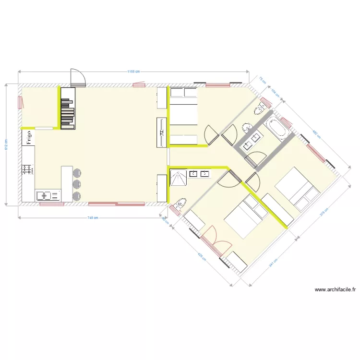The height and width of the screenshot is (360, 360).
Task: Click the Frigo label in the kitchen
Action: (x=29, y=139)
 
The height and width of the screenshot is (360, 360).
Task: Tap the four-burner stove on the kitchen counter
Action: (x=27, y=169)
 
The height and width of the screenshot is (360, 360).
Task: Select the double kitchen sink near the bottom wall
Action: (x=48, y=196)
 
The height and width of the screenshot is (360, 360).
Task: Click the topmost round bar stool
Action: (x=77, y=172)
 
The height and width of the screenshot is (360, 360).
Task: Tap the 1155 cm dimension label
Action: (x=133, y=72)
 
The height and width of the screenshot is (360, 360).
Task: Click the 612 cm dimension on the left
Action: (x=6, y=144)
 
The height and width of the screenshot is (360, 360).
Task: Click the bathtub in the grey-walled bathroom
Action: (x=278, y=127)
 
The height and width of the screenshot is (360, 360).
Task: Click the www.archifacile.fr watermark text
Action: (x=336, y=289)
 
